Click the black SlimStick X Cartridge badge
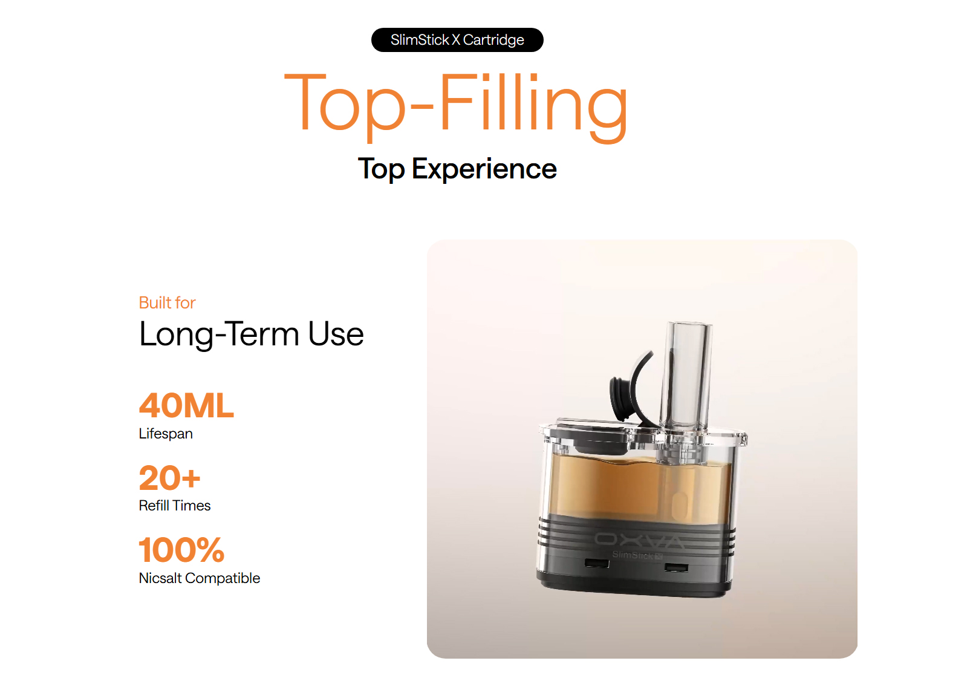(x=457, y=40)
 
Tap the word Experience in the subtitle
(x=484, y=169)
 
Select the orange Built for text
(x=167, y=303)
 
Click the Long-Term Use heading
(x=251, y=334)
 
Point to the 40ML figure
(x=186, y=405)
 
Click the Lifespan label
(x=166, y=434)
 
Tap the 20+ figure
(x=170, y=478)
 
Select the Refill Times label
(x=175, y=506)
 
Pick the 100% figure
(x=181, y=550)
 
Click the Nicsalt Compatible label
(x=199, y=578)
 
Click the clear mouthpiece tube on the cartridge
(x=686, y=377)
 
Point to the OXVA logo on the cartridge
(x=640, y=540)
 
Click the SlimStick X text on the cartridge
(x=637, y=555)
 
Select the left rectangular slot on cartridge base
(x=597, y=563)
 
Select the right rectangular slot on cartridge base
(x=676, y=567)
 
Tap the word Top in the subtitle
(x=381, y=169)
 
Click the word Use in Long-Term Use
(x=336, y=334)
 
